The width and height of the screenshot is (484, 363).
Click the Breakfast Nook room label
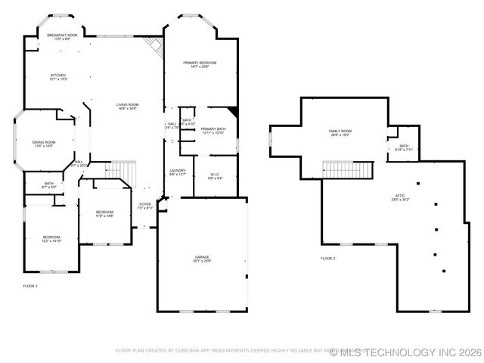62,36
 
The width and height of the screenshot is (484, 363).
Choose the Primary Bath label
213,131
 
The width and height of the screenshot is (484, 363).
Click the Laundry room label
178,172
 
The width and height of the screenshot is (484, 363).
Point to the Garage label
202,259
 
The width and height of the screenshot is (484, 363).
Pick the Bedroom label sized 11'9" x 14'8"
104,214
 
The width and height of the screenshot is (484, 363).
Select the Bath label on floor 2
404,147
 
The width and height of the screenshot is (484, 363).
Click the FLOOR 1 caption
30,285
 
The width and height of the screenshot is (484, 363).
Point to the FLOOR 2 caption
328,259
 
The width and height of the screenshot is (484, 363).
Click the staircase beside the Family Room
348,169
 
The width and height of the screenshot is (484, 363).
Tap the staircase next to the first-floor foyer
128,173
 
